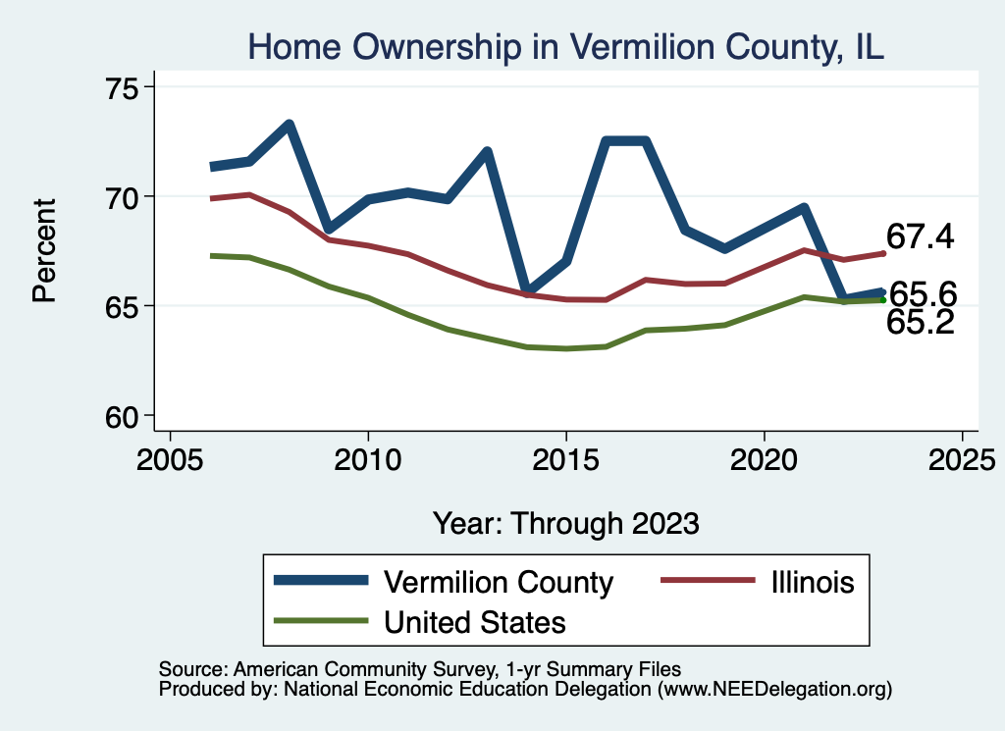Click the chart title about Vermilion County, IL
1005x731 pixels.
566,46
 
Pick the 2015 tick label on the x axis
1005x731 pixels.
566,460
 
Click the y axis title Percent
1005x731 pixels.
45,250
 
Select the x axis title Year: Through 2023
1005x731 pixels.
566,523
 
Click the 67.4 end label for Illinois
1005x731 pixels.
921,236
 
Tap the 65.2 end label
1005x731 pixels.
921,322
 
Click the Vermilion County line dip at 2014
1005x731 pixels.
526,291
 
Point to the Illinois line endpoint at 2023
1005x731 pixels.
883,253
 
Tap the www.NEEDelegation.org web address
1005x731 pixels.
774,689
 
